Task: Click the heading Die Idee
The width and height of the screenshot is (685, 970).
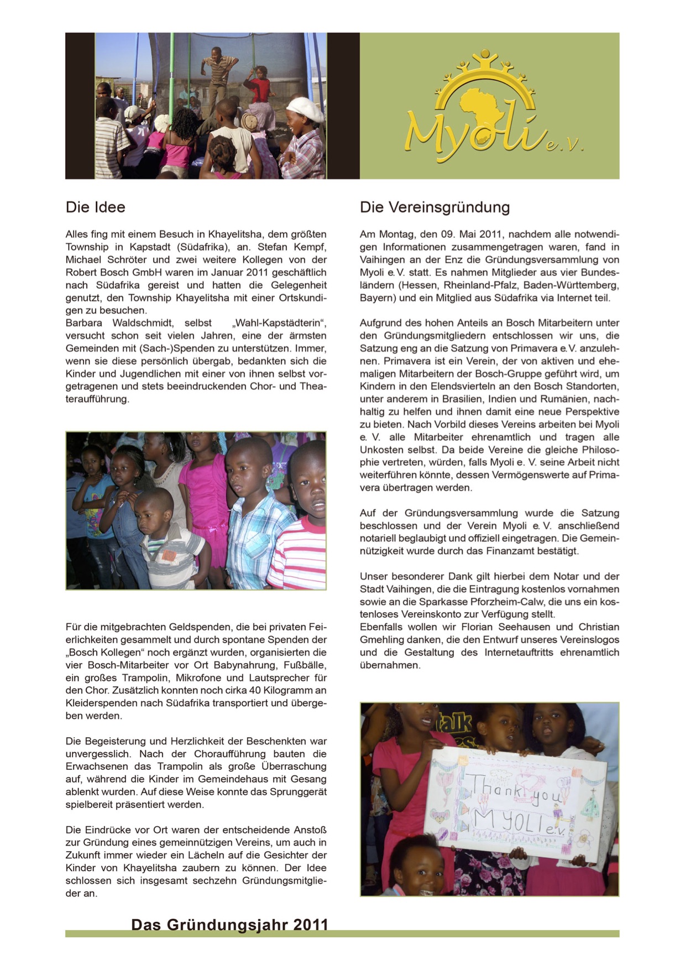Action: tap(96, 207)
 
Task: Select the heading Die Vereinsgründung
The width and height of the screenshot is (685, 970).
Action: tap(435, 207)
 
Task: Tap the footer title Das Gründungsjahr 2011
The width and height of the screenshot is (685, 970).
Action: tap(229, 925)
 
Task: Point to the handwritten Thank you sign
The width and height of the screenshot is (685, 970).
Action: tap(514, 802)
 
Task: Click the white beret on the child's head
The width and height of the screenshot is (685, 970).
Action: tap(305, 109)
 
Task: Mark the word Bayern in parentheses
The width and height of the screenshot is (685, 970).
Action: tap(375, 298)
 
